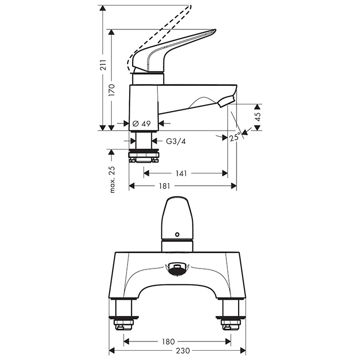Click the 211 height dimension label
tap(103, 65)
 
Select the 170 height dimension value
tap(112, 90)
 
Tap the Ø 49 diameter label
tap(141, 124)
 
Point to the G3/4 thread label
tap(176, 141)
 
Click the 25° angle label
tap(235, 137)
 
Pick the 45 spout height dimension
tap(258, 117)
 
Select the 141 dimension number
tap(181, 173)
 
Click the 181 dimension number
tap(165, 186)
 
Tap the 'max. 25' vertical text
tap(112, 179)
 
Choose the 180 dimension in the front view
tap(168, 341)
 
